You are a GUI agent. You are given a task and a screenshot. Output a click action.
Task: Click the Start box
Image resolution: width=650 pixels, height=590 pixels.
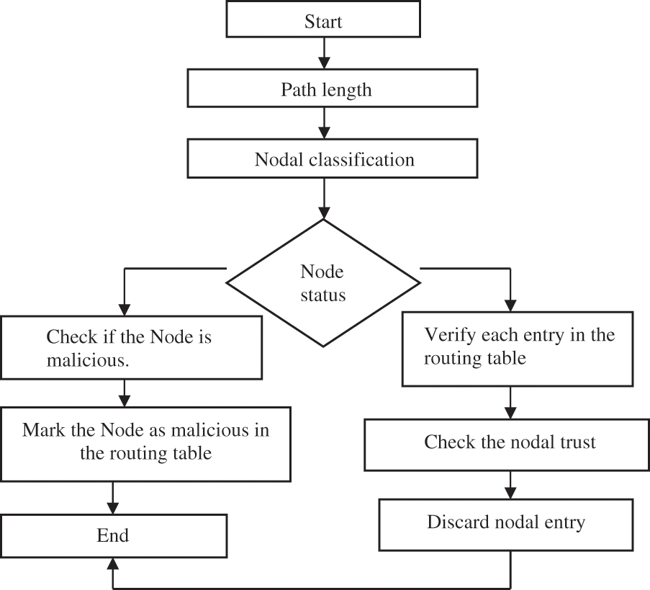click(323, 21)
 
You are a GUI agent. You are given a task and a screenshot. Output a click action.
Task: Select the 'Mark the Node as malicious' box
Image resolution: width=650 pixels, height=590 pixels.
click(145, 442)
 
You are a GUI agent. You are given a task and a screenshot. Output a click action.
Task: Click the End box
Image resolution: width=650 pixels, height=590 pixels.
click(113, 535)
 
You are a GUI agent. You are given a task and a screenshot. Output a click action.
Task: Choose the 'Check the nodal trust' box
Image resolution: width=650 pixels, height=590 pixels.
click(510, 442)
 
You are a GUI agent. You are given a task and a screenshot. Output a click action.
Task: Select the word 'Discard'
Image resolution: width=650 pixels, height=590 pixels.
click(456, 522)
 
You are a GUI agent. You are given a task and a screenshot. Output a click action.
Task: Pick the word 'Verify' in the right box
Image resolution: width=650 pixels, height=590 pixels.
click(446, 336)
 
